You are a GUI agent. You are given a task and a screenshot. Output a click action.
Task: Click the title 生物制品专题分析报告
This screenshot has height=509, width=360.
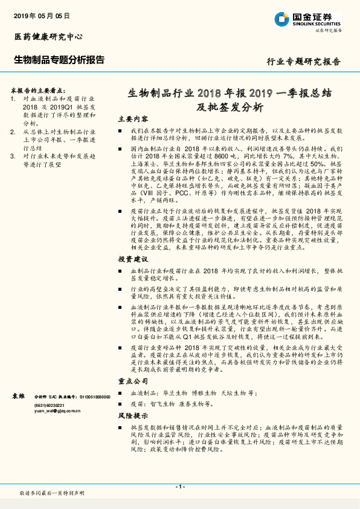[x=59, y=60]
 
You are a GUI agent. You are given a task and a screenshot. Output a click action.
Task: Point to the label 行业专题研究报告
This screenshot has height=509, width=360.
[x=303, y=62]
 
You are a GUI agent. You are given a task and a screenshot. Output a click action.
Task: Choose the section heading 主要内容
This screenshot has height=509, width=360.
[x=132, y=118]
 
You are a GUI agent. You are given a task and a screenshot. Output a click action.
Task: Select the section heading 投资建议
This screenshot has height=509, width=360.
[x=132, y=258]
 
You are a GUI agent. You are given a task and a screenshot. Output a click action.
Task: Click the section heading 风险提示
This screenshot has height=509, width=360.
[x=132, y=417]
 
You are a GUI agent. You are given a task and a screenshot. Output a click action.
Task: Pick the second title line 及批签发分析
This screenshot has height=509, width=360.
[x=230, y=108]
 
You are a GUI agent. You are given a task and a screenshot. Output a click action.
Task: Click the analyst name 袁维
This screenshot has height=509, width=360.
[x=18, y=395]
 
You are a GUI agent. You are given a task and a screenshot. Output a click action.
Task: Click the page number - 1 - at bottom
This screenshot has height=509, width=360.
[x=179, y=487]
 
